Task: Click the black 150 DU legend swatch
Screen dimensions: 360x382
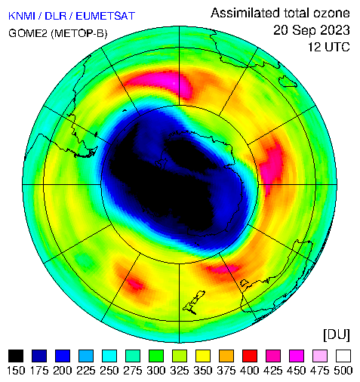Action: tap(16, 356)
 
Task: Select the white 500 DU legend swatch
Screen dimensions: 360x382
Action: tap(343, 356)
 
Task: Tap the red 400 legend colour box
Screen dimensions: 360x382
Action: tap(250, 356)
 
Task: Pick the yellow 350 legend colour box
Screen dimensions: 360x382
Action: tap(203, 356)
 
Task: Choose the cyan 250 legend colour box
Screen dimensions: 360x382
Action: tap(109, 356)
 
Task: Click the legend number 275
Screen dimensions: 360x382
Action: tap(133, 371)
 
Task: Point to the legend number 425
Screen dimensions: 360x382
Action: tap(273, 371)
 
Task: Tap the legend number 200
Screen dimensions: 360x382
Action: tap(63, 371)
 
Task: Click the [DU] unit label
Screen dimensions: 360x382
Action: tap(337, 334)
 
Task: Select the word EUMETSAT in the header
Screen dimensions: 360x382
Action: tap(106, 16)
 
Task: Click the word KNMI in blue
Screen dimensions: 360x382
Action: tap(22, 16)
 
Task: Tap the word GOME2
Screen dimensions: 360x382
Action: tap(28, 33)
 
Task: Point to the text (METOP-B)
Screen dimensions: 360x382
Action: tap(79, 33)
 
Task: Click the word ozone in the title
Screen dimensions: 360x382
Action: tap(331, 13)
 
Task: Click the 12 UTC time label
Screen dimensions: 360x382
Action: tap(329, 47)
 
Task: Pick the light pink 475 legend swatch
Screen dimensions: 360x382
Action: tap(320, 356)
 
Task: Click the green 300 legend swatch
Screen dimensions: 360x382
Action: tap(156, 356)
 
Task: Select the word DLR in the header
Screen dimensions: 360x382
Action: tap(55, 16)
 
